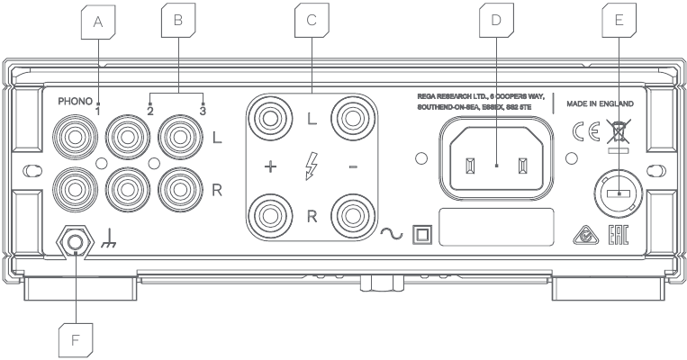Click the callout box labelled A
click(98, 22)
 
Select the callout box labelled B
click(178, 20)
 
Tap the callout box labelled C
click(312, 20)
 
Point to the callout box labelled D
click(496, 20)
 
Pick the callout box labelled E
click(619, 20)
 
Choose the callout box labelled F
click(76, 341)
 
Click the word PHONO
click(75, 102)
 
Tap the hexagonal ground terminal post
click(76, 241)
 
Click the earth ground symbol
click(109, 240)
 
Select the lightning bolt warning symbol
click(311, 166)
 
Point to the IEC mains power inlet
click(496, 158)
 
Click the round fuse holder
click(619, 193)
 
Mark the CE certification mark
click(586, 131)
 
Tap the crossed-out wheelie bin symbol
click(619, 130)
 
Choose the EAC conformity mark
click(619, 236)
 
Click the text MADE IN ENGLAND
click(600, 103)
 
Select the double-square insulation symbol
click(422, 235)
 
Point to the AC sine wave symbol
click(392, 234)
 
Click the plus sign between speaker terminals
click(271, 166)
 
